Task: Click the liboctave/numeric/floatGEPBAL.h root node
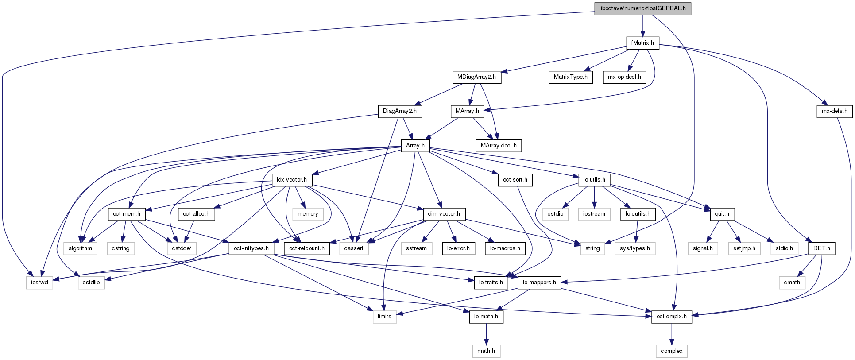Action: coord(642,8)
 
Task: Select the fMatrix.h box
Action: coord(642,43)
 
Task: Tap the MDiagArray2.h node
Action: coord(476,77)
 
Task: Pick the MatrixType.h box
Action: coord(570,77)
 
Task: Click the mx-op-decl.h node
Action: coord(624,77)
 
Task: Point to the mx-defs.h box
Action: coord(834,111)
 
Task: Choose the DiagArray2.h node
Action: coord(400,111)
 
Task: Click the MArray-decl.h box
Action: coord(499,145)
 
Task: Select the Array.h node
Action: coord(415,145)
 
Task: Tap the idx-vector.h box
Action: coord(292,180)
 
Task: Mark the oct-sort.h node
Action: coord(515,180)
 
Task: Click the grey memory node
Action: coord(308,214)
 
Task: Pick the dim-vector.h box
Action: coord(444,214)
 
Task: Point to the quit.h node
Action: coord(722,214)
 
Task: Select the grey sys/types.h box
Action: coord(635,248)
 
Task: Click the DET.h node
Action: coord(822,248)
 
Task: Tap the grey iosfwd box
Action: coord(39,283)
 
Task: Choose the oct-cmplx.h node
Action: coord(672,317)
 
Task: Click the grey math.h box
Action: coord(486,351)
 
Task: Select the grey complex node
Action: coord(672,351)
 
